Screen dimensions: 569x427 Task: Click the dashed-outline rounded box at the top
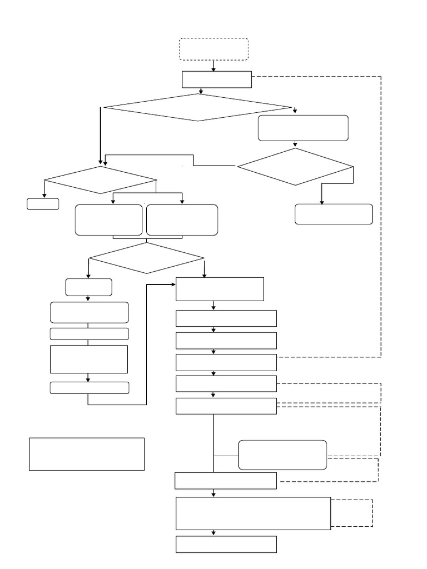213,49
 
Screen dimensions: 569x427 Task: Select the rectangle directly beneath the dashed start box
217,79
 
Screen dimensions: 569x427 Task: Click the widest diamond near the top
197,107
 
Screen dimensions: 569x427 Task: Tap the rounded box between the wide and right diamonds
303,128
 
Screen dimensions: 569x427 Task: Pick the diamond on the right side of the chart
295,167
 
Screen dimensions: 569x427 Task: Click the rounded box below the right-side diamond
334,214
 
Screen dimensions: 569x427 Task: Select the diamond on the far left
100,180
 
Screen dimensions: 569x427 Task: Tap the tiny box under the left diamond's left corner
43,204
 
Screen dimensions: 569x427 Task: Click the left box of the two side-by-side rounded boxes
109,220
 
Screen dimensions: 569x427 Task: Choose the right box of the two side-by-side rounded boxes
182,220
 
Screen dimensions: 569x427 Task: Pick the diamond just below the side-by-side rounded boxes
147,258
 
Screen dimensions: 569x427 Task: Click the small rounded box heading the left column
88,287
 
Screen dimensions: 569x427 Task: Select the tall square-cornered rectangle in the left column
89,359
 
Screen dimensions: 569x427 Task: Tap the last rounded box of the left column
89,388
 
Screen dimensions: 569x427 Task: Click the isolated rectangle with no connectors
87,454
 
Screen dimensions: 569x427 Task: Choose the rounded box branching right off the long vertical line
282,455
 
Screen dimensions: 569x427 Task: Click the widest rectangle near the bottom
254,513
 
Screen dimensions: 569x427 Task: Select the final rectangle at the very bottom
226,545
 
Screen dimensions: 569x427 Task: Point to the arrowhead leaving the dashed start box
213,69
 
